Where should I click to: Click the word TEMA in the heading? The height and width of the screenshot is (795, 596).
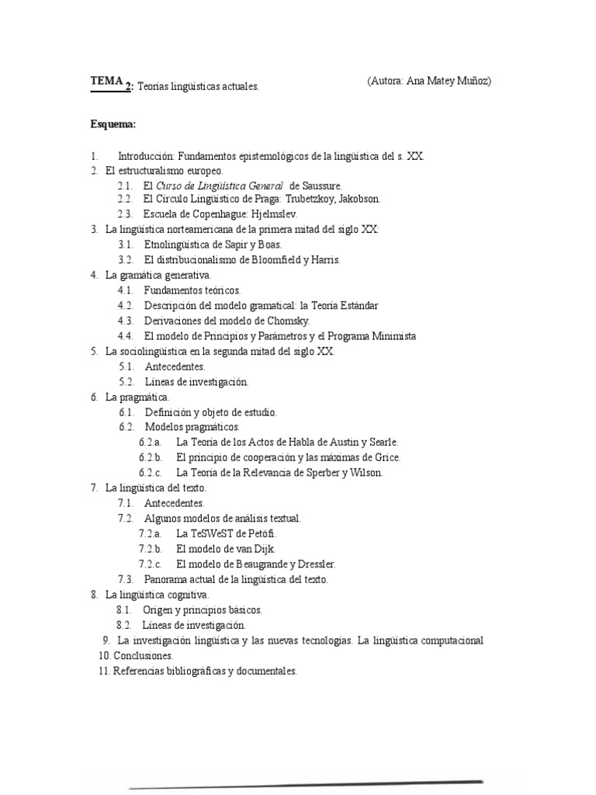click(x=106, y=80)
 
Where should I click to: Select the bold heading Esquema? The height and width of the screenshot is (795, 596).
click(x=113, y=124)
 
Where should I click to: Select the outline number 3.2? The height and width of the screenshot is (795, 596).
click(x=126, y=260)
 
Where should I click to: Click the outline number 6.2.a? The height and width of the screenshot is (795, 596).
click(x=151, y=443)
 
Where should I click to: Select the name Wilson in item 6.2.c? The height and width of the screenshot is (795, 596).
click(x=365, y=473)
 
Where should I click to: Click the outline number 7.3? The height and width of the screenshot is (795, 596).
click(x=126, y=579)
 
